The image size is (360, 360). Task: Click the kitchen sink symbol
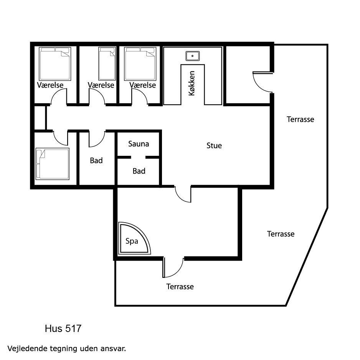192,56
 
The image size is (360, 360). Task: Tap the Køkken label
192,83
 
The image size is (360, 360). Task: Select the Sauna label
139,144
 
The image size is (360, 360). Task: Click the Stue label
214,145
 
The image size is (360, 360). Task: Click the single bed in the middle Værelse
107,64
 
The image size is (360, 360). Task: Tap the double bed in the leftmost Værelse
55,64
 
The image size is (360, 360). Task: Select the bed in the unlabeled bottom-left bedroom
52,164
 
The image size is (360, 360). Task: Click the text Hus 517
63,329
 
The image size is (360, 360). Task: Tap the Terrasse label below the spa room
180,287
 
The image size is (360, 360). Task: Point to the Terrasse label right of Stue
300,119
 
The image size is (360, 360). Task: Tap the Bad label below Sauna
139,171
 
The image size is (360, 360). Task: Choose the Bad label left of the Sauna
96,160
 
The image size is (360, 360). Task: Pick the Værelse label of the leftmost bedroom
50,85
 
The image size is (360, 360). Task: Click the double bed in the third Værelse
140,64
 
